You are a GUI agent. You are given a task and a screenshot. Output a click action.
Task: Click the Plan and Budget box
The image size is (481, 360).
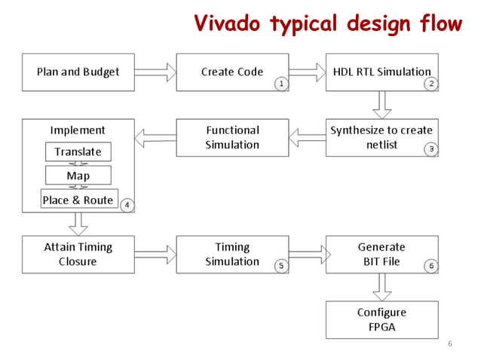[78, 72]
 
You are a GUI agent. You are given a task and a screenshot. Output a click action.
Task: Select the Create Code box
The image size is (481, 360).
[232, 72]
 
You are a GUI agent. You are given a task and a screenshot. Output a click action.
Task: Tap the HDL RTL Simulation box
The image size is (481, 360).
[382, 72]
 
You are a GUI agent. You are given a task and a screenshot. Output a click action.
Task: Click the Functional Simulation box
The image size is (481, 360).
[232, 137]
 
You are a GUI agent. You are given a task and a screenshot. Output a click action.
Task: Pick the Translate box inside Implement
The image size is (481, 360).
[78, 152]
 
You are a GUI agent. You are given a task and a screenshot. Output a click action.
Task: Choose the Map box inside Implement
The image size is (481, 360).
[78, 176]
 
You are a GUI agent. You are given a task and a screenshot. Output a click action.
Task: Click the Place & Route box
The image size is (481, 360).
[78, 200]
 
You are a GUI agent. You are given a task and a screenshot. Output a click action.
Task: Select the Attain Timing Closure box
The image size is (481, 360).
[78, 255]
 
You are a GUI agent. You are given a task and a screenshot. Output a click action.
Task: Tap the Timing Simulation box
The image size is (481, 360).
[232, 255]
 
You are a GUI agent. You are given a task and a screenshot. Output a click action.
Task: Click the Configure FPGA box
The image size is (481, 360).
[382, 319]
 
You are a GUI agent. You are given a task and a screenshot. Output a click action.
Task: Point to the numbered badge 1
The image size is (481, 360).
[281, 84]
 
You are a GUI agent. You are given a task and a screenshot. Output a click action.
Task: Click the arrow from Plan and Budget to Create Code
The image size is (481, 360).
[155, 72]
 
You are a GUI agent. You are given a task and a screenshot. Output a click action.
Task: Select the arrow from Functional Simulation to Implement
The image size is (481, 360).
[155, 137]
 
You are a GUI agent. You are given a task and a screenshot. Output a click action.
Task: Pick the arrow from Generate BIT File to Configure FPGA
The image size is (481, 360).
[382, 287]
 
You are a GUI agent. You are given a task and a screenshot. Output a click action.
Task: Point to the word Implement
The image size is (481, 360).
[78, 130]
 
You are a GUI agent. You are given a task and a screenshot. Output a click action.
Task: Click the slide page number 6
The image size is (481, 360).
[450, 344]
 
